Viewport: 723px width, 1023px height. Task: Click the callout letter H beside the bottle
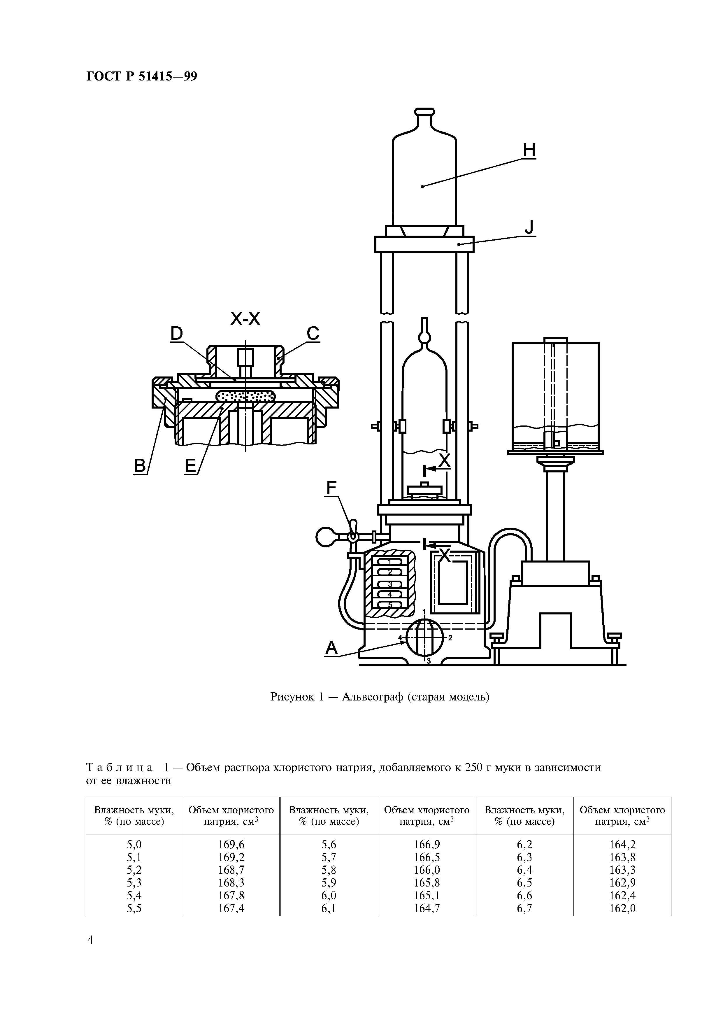point(529,151)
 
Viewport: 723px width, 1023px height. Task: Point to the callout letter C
point(313,333)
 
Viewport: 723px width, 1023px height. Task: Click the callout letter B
point(140,466)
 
